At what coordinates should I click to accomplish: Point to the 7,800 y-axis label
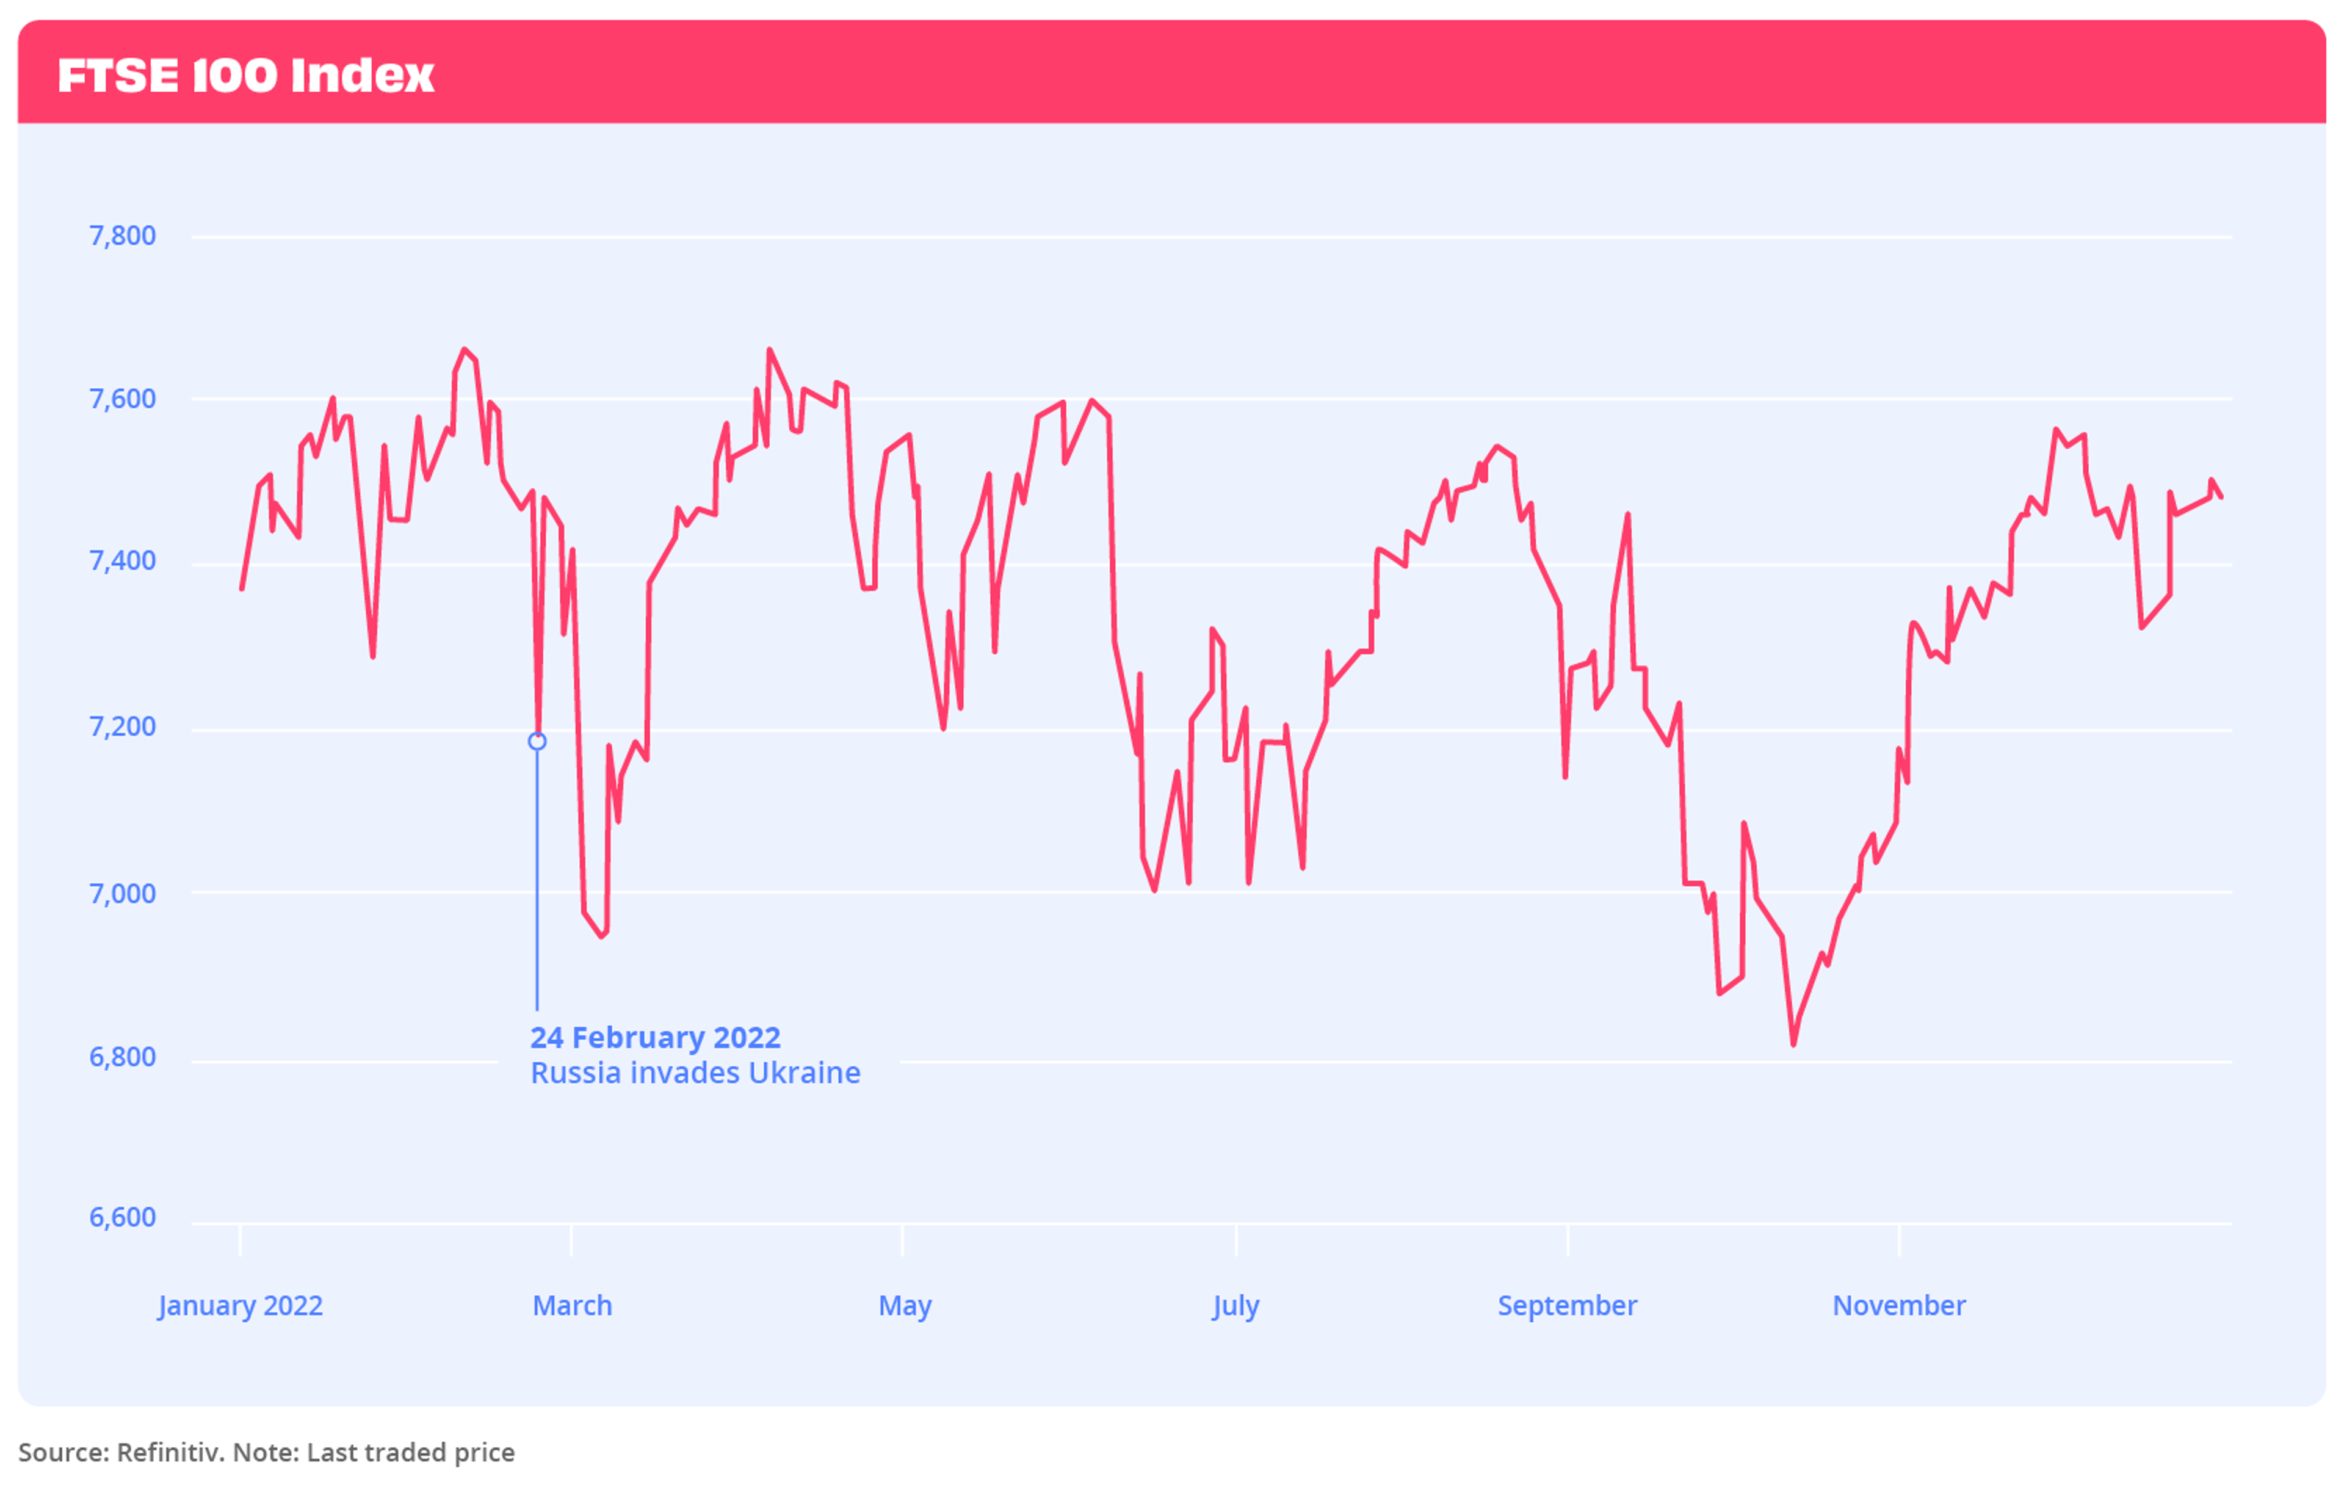[123, 236]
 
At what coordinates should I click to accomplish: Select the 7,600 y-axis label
[123, 399]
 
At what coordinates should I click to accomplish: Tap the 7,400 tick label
[123, 562]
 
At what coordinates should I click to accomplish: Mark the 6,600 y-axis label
[123, 1218]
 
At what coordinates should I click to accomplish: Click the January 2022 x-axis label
[240, 1306]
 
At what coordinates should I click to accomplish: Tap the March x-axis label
[572, 1306]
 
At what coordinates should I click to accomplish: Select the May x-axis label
[904, 1306]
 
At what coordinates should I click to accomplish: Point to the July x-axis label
[1235, 1306]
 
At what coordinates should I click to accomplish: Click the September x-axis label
[1566, 1306]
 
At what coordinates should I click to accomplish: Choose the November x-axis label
[1898, 1306]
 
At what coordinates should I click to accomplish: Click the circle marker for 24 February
[537, 742]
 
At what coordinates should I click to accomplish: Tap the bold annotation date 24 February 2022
[656, 1038]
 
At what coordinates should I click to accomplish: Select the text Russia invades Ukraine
[695, 1074]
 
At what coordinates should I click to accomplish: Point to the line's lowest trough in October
[1793, 1044]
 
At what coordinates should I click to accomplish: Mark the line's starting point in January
[242, 589]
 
